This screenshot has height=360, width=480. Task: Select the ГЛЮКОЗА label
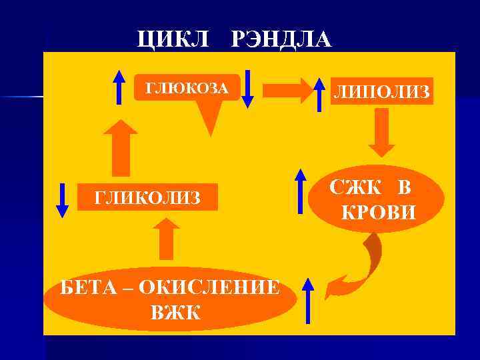pos(187,88)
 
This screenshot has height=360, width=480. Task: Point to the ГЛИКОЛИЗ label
pos(148,197)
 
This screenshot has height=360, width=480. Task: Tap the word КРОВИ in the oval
pos(378,213)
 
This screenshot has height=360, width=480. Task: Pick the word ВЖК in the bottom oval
pos(175,311)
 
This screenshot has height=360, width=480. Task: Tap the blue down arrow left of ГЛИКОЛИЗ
pos(63,199)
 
